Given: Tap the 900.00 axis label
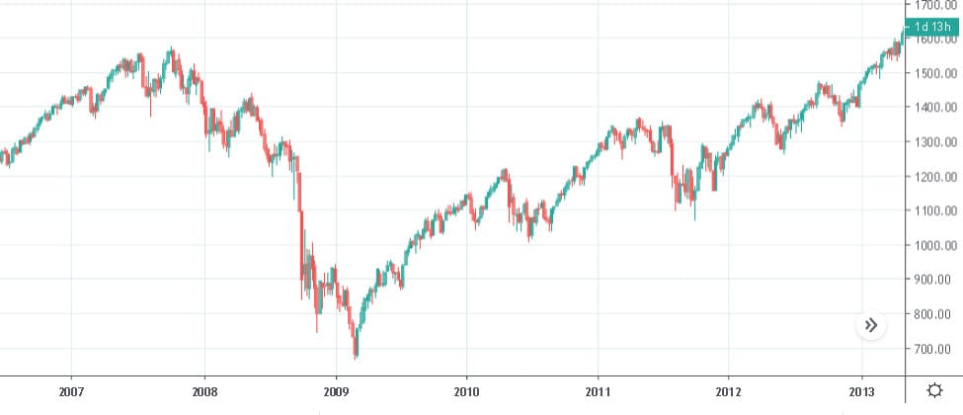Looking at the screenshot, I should pos(935,280).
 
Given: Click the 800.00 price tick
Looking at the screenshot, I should pos(935,314).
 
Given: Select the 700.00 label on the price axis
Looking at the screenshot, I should pos(935,349).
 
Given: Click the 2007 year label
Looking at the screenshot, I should pos(71,391).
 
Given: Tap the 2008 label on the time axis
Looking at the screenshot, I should pos(203,391).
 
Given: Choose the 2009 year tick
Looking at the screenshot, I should pos(336,391).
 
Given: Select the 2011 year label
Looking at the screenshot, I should pos(598,391).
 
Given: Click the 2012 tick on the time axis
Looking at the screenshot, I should pos(729,391).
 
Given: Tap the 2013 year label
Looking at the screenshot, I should pos(862,391).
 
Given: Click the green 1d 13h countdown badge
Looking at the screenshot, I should pos(932,27).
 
